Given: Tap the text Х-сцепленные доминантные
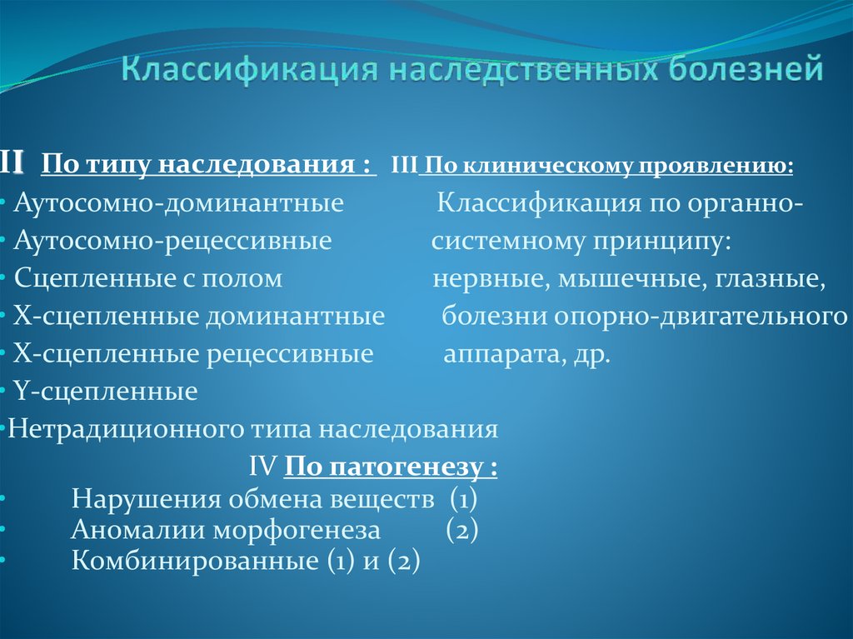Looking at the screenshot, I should click(x=199, y=316).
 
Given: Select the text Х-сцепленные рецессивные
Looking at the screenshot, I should click(x=193, y=353).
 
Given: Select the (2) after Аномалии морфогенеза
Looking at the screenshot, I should click(x=461, y=530).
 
